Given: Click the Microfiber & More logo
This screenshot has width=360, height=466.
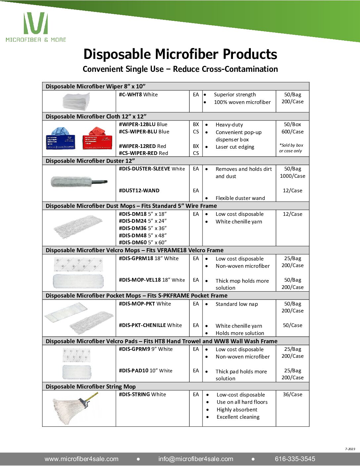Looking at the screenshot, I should pyautogui.click(x=36, y=27).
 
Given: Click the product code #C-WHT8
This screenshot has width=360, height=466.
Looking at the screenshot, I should pyautogui.click(x=130, y=95).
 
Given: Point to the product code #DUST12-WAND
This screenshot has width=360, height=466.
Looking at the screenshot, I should pyautogui.click(x=139, y=191).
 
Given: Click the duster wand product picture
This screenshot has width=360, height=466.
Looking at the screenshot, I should pyautogui.click(x=79, y=181).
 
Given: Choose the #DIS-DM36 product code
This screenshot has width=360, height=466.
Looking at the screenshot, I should pyautogui.click(x=133, y=228).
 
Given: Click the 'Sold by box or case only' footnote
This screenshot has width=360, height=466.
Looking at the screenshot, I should pyautogui.click(x=291, y=148).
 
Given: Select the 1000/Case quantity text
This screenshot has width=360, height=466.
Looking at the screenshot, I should pyautogui.click(x=292, y=176).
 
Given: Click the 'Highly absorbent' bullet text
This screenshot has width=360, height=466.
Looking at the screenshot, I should pyautogui.click(x=237, y=410).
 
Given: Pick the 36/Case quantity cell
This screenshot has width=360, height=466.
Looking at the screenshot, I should pyautogui.click(x=292, y=395).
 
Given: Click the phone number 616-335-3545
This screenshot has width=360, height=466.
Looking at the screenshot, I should pyautogui.click(x=295, y=459).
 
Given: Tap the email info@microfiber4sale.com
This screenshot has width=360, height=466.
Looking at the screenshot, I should pyautogui.click(x=196, y=459).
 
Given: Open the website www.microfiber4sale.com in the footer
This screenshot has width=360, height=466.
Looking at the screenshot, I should pyautogui.click(x=81, y=459).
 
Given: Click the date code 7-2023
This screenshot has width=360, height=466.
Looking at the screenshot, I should pyautogui.click(x=350, y=449).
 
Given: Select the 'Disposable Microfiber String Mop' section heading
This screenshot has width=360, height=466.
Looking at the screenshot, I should pyautogui.click(x=91, y=387).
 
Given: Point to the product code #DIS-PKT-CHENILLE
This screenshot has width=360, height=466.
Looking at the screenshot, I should pyautogui.click(x=142, y=325).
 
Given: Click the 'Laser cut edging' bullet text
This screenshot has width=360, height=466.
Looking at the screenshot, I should pyautogui.click(x=235, y=147).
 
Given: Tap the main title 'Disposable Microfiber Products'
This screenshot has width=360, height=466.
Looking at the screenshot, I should pyautogui.click(x=180, y=54).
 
